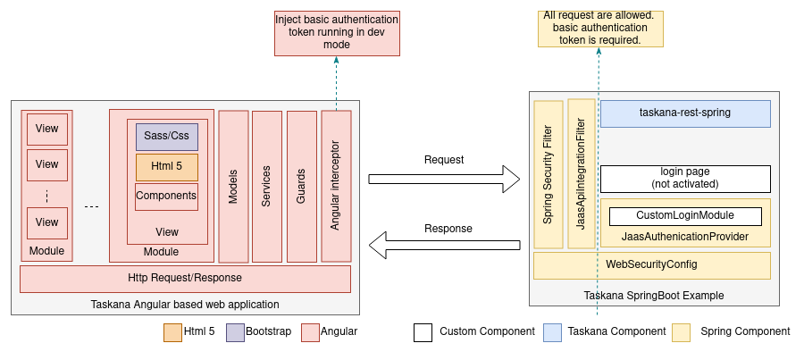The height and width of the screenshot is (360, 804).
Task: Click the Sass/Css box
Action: tap(166, 137)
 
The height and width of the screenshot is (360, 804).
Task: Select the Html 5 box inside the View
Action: tap(166, 167)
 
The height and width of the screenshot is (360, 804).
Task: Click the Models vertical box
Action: tap(233, 186)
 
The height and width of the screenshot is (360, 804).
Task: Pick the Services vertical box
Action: tap(266, 186)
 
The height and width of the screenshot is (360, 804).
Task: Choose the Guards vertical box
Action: tap(301, 186)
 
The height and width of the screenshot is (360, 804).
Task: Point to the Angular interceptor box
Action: tap(336, 186)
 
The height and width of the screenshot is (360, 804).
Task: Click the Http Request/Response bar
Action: tap(186, 279)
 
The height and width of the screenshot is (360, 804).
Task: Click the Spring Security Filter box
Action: tap(548, 174)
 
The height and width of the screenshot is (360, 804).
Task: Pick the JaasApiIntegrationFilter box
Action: tap(581, 174)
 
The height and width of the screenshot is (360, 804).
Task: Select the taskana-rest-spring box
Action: tap(685, 113)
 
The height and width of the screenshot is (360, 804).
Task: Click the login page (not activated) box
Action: tap(685, 178)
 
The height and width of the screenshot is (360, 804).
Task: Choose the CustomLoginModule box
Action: tap(685, 216)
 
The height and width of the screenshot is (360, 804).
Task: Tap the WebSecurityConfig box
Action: tap(651, 265)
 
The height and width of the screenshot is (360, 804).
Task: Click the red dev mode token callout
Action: tap(337, 31)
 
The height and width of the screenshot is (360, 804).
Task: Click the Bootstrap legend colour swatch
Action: tap(235, 332)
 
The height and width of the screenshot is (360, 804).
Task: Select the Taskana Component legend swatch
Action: tap(552, 332)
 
